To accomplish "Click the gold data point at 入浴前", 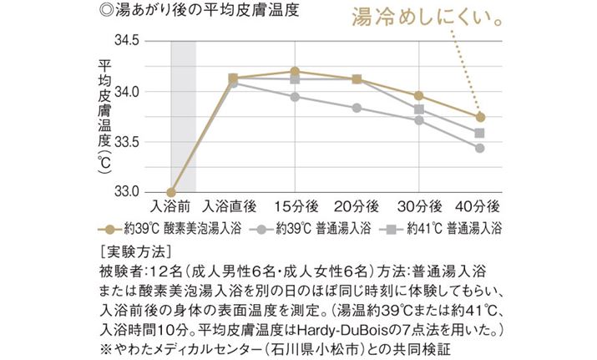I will pyautogui.click(x=171, y=192).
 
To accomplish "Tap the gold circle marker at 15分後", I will pyautogui.click(x=296, y=72).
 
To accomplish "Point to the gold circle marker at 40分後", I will pyautogui.click(x=480, y=117).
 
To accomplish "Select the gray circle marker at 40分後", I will pyautogui.click(x=480, y=148).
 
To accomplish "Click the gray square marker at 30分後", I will pyautogui.click(x=418, y=109).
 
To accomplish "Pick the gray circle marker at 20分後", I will pyautogui.click(x=357, y=108).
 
